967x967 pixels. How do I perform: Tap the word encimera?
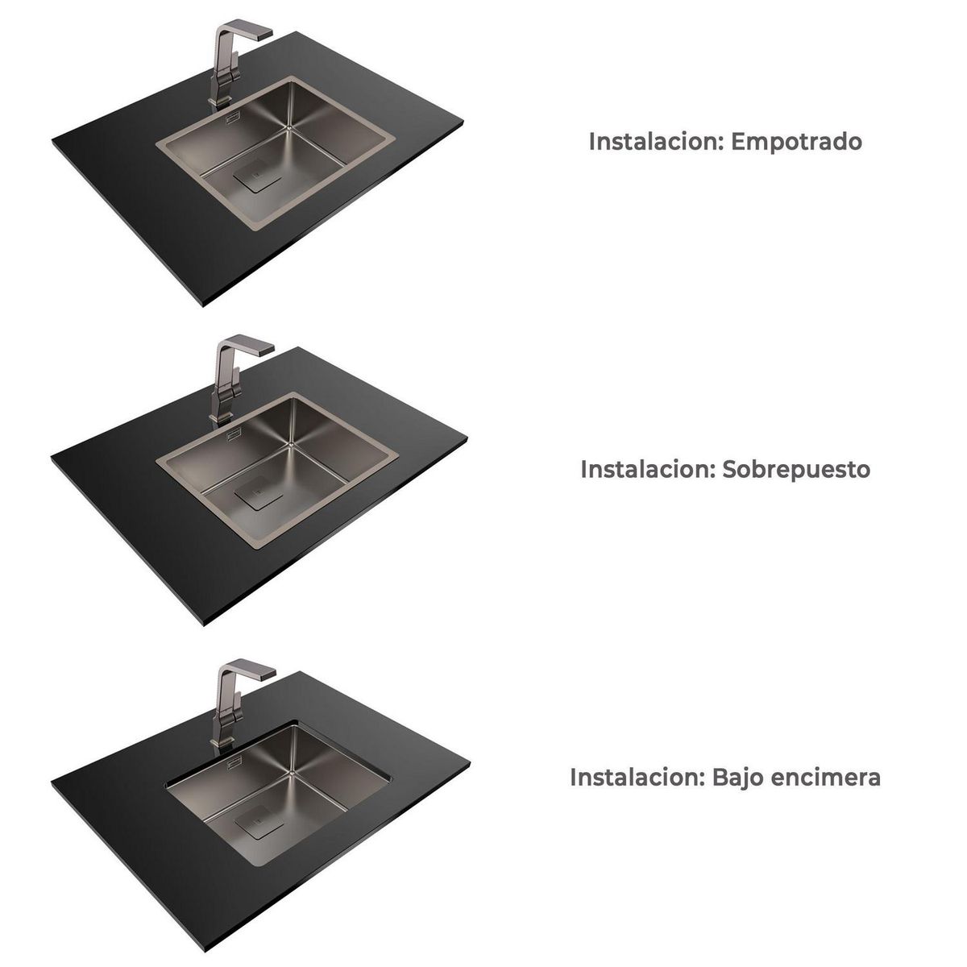pos(827,778)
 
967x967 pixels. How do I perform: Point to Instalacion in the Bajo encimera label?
pos(627,778)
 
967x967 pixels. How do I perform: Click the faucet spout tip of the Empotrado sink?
pos(268,35)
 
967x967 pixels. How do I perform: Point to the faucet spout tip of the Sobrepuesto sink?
pos(268,351)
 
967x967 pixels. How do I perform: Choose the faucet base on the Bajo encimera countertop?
pos(218,737)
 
